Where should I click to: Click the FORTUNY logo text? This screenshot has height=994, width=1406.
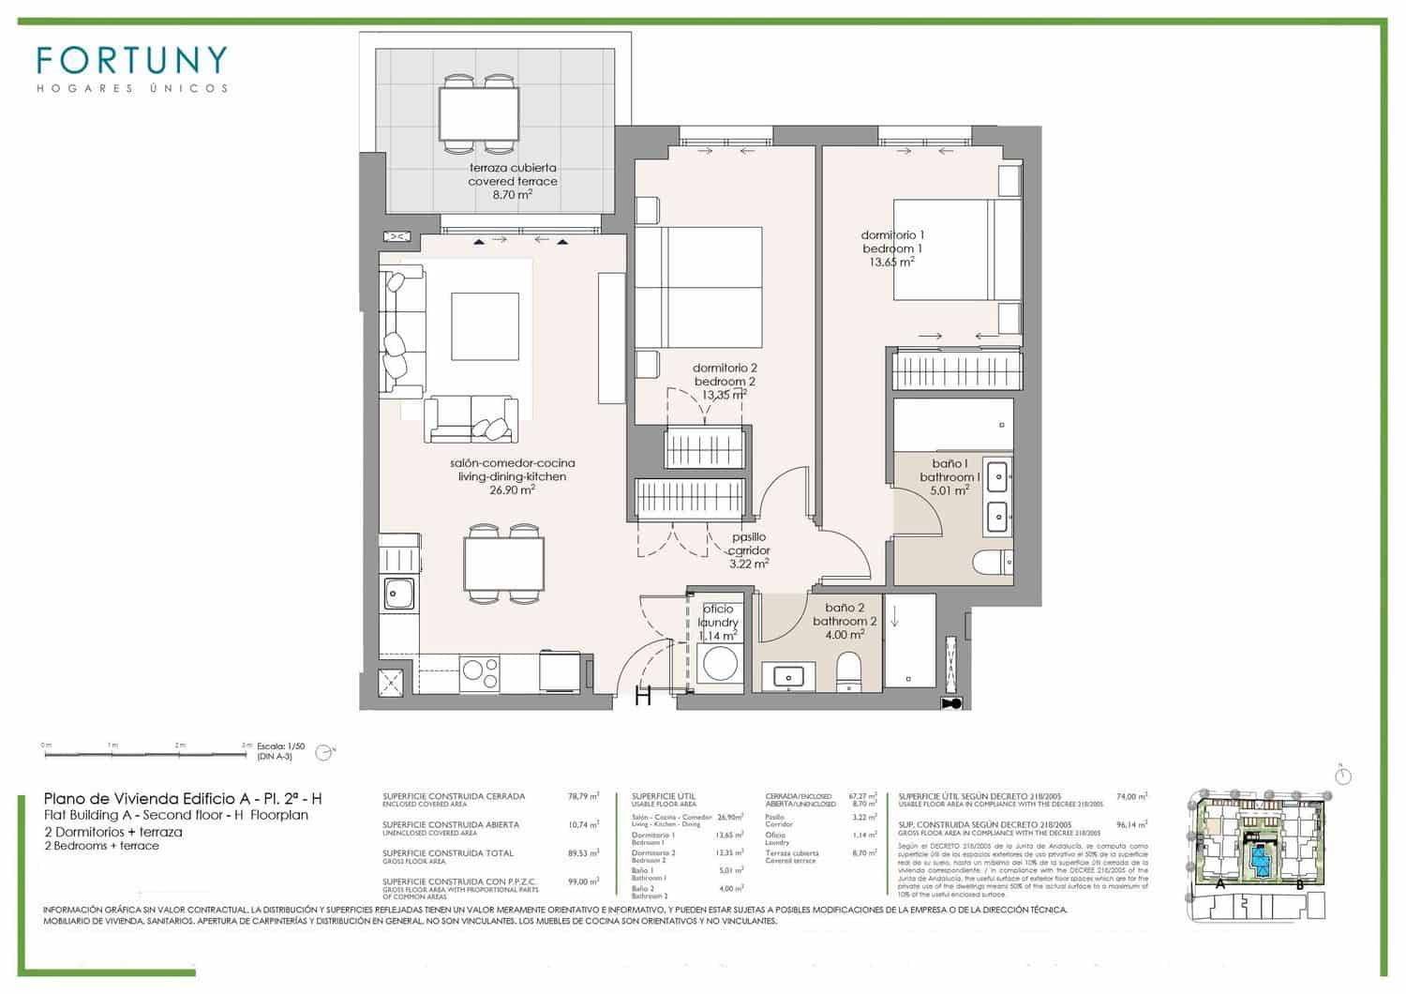(x=131, y=60)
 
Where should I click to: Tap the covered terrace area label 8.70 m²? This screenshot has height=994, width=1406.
(x=512, y=195)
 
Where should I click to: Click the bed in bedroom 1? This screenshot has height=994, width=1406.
(x=951, y=249)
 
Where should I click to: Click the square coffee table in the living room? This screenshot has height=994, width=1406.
(x=484, y=325)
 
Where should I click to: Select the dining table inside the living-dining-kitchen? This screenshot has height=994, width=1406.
(x=503, y=563)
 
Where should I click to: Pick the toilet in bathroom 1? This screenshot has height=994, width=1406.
(x=992, y=562)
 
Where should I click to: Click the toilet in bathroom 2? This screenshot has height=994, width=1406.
(x=849, y=671)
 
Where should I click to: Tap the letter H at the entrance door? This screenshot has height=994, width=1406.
(x=644, y=697)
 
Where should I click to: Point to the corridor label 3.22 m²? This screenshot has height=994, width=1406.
(x=749, y=565)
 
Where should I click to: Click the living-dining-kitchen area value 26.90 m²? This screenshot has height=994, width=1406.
(x=512, y=489)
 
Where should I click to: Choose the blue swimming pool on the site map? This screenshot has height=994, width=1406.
(x=1260, y=857)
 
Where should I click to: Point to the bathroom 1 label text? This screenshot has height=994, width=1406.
(x=949, y=477)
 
